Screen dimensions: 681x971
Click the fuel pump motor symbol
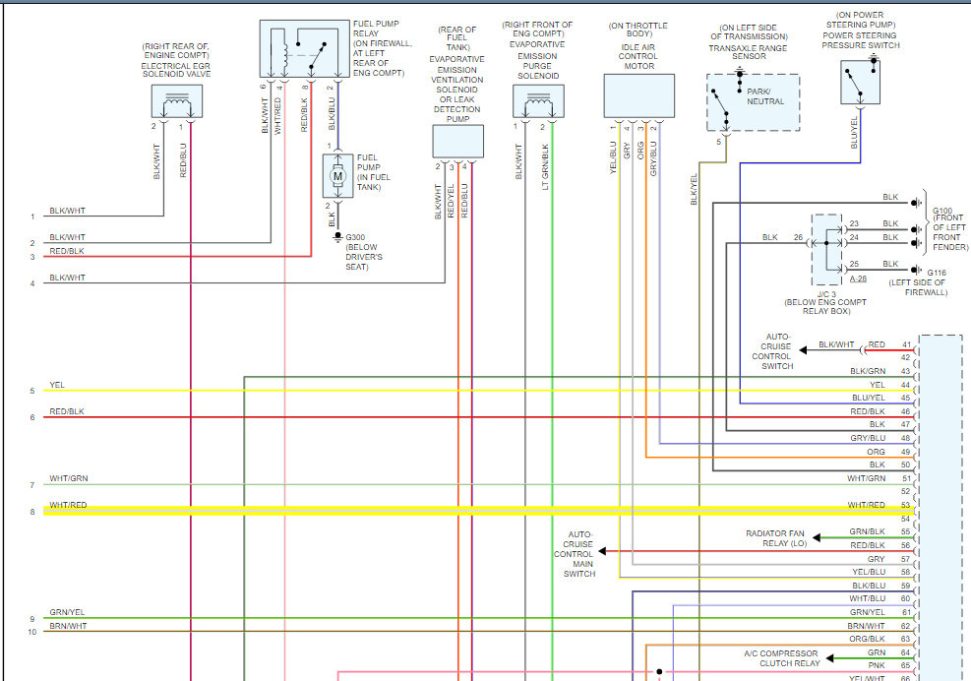(x=336, y=175)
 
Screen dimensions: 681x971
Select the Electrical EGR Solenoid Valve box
(x=177, y=100)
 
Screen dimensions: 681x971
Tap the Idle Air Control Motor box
(x=638, y=95)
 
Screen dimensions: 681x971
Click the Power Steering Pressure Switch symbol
(x=859, y=82)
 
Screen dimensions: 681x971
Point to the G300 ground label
(x=355, y=237)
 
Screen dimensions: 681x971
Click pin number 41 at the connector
(x=906, y=345)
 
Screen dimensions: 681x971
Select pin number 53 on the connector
(x=906, y=505)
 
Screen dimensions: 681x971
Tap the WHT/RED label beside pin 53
(x=867, y=505)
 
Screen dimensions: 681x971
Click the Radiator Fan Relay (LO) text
(x=776, y=538)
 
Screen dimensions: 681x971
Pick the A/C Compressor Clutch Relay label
(x=781, y=658)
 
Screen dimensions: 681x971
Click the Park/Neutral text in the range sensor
(x=765, y=96)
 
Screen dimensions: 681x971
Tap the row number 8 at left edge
(x=32, y=512)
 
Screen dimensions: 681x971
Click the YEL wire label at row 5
(x=57, y=385)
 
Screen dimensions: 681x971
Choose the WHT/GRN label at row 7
(x=68, y=478)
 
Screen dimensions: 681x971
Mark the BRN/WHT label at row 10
(x=68, y=626)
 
